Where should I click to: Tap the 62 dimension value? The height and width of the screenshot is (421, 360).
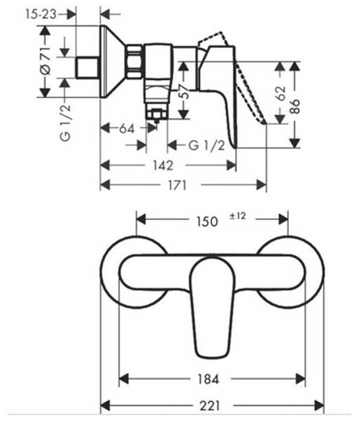[283, 94]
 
